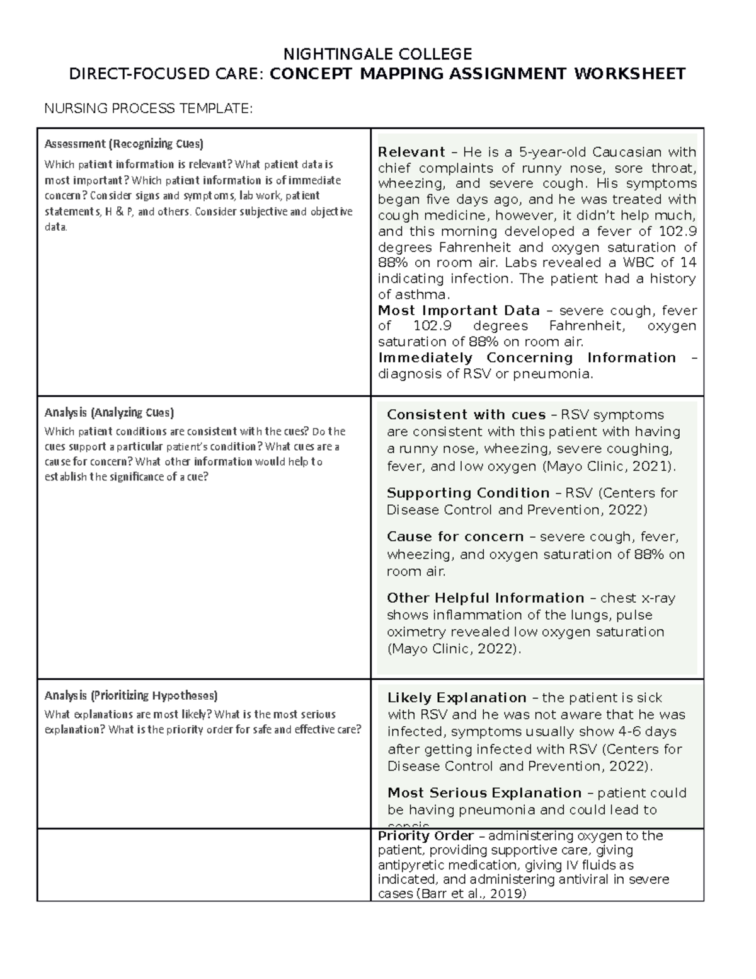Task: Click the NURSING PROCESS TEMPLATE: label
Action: click(x=148, y=108)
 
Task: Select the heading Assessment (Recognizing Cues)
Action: click(x=123, y=144)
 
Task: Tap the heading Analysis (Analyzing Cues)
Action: click(x=109, y=413)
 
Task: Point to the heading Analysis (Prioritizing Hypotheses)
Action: click(x=130, y=696)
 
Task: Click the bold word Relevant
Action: click(x=411, y=152)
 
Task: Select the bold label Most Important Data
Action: click(x=459, y=310)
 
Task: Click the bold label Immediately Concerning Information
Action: click(x=527, y=357)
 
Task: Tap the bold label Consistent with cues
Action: click(x=466, y=415)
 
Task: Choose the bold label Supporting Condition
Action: click(x=468, y=493)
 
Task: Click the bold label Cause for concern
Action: click(x=455, y=536)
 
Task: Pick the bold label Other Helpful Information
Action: click(x=485, y=598)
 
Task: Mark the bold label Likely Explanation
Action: click(x=457, y=698)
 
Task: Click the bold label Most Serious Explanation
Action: click(x=484, y=793)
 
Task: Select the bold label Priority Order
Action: click(x=425, y=836)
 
